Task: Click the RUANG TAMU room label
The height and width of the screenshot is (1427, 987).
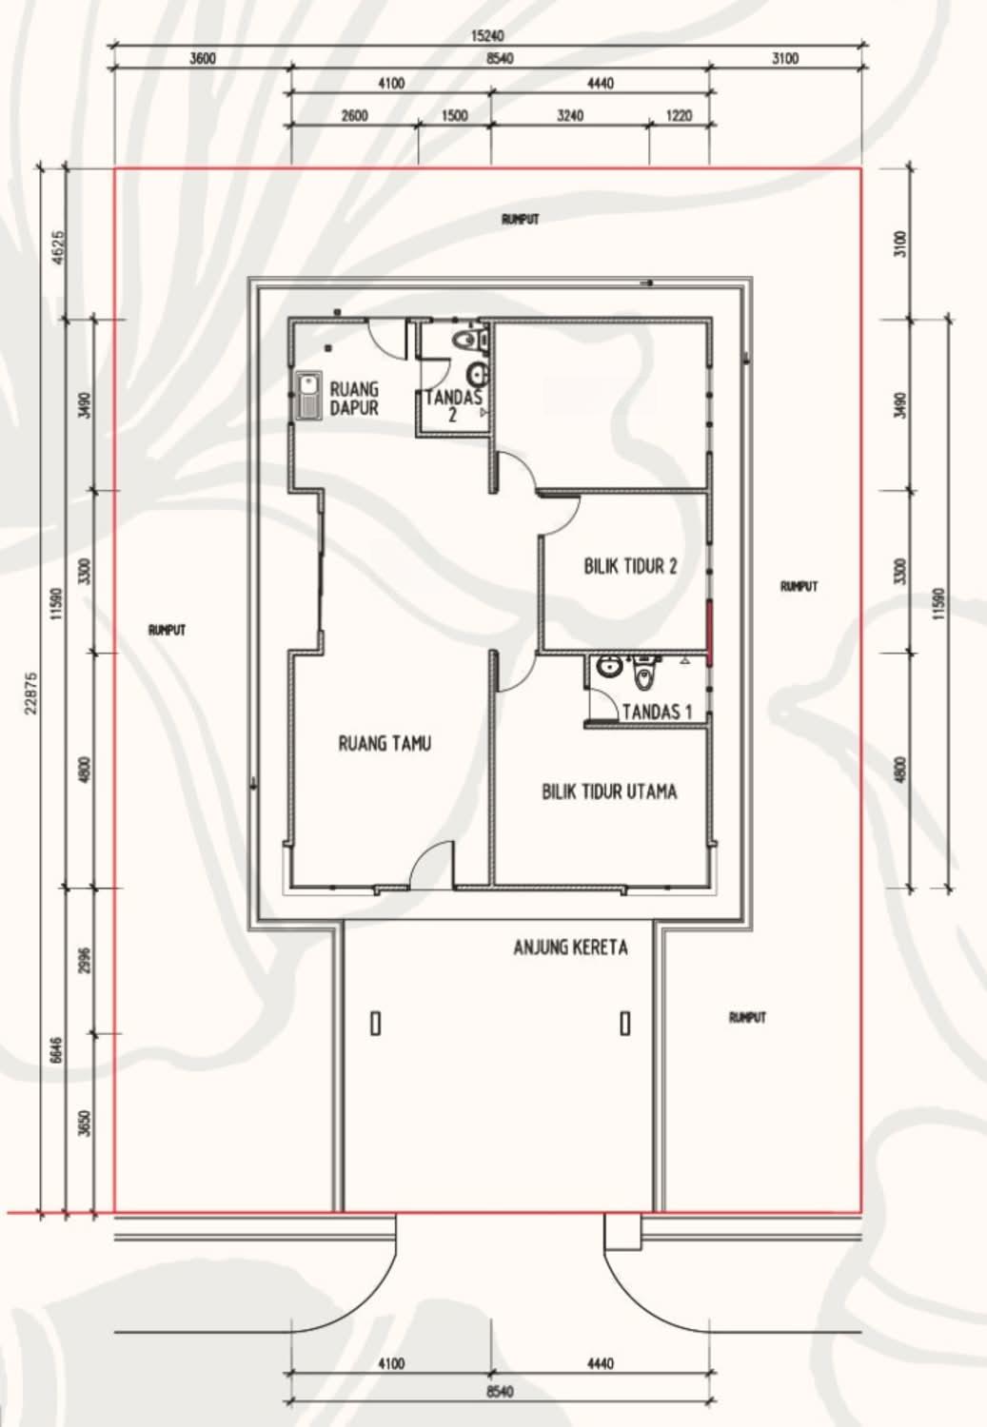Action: [x=385, y=743]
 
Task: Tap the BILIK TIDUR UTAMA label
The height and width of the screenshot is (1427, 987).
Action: [x=609, y=792]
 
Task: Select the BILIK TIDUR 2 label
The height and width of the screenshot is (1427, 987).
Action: [x=630, y=566]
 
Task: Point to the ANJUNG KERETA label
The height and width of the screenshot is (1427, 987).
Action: [x=570, y=948]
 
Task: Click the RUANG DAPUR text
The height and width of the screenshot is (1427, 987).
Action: [x=354, y=399]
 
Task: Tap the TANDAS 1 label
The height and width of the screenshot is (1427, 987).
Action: [x=657, y=712]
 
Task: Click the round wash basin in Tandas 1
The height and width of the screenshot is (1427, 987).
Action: [x=609, y=667]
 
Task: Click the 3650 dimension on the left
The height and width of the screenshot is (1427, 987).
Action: [x=87, y=1124]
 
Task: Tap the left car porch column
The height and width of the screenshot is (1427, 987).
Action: [x=376, y=1024]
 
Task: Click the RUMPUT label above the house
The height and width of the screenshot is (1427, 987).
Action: [x=521, y=219]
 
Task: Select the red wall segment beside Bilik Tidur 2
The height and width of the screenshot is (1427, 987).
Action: [x=709, y=632]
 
